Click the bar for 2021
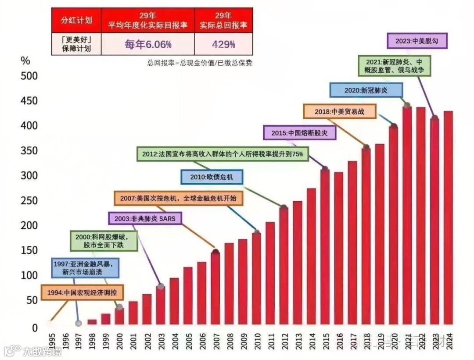click(x=407, y=215)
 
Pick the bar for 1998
click(x=92, y=322)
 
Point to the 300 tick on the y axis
click(x=29, y=176)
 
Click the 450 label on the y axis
click(x=29, y=101)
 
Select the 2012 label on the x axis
click(x=284, y=340)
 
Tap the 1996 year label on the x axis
click(x=65, y=340)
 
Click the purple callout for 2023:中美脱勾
click(x=417, y=41)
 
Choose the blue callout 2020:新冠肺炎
click(x=366, y=90)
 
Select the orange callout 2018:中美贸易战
click(x=340, y=111)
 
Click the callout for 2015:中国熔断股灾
click(x=300, y=132)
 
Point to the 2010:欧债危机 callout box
click(x=212, y=177)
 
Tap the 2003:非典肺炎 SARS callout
click(x=145, y=218)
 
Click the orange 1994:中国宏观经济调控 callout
click(x=82, y=292)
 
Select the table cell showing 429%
click(x=223, y=44)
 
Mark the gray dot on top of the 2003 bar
click(x=161, y=286)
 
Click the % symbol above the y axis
click(x=25, y=61)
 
